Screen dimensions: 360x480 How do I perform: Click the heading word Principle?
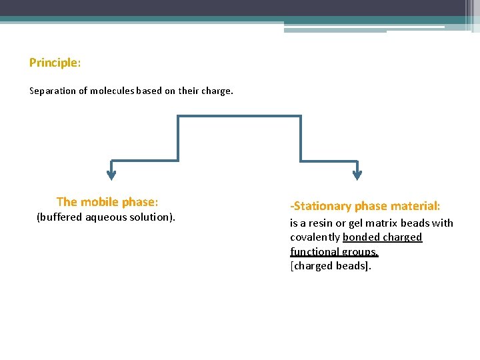[53, 63]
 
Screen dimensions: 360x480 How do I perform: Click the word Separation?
[53, 91]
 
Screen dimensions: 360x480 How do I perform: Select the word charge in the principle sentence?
[217, 91]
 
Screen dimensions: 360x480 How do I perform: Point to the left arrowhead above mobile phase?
[111, 175]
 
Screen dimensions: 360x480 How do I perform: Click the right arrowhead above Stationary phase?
[357, 175]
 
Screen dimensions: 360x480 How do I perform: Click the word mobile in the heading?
[99, 202]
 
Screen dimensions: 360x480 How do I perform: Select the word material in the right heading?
[415, 207]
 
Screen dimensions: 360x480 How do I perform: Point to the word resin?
[321, 223]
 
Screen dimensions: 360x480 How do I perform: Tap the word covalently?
[315, 237]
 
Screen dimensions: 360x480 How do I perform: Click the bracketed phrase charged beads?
[330, 266]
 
